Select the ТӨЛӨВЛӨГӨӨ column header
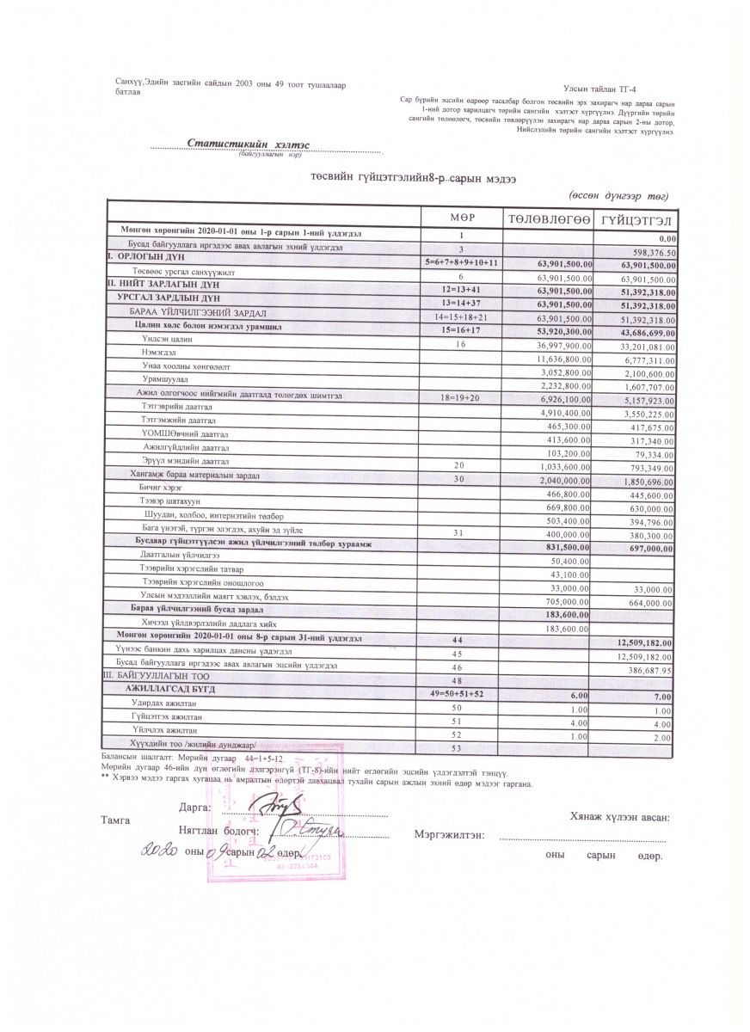pos(549,219)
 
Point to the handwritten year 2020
pos(158,850)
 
